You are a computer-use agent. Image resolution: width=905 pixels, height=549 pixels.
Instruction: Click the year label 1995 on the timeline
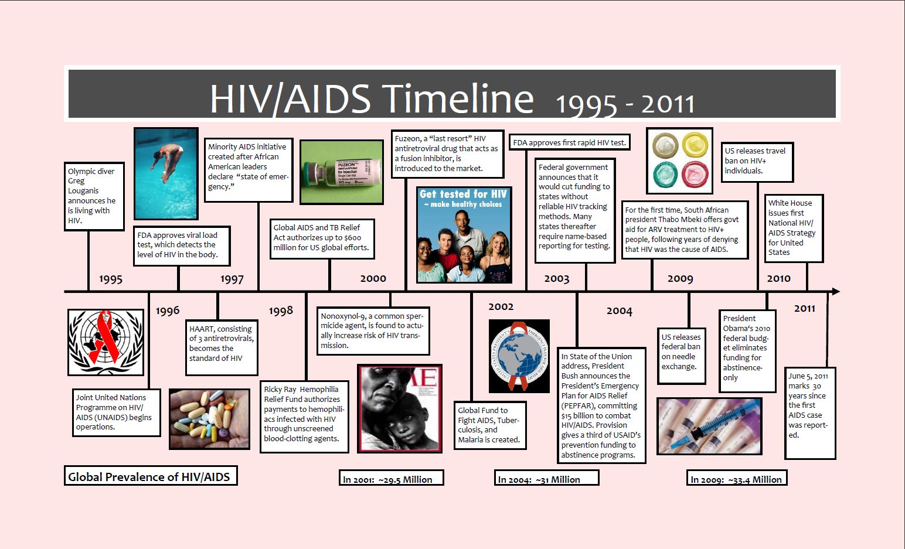pos(111,279)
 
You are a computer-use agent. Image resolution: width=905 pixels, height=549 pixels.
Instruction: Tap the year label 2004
pos(620,311)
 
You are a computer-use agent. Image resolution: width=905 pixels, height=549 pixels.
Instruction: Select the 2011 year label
pos(805,308)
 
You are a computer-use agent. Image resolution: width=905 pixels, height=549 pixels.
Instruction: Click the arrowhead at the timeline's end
pos(835,291)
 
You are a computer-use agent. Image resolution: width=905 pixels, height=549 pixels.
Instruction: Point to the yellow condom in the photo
pos(695,145)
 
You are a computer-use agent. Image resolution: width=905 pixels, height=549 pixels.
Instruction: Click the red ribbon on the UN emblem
pos(105,337)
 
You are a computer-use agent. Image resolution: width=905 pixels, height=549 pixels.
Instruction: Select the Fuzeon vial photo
pos(342,172)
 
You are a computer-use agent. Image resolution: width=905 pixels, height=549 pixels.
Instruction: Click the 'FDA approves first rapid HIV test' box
pos(570,142)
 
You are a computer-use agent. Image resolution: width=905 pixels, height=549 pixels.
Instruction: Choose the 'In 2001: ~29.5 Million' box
pos(391,478)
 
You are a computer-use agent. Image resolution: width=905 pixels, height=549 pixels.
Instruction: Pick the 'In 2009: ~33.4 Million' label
pos(737,478)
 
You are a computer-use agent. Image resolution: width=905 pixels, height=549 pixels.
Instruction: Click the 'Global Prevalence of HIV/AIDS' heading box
pos(151,476)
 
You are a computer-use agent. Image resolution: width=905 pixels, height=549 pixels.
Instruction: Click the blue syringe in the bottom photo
pos(711,426)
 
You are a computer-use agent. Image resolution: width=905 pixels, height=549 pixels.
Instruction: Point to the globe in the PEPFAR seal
pos(519,356)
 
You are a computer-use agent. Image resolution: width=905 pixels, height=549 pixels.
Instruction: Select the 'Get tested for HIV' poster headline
pos(463,198)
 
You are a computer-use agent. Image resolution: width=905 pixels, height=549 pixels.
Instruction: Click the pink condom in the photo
pos(695,174)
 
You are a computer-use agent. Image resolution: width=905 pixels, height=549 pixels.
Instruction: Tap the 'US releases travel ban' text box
pos(757,162)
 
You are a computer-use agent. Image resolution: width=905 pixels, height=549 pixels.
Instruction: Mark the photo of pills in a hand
pos(209,419)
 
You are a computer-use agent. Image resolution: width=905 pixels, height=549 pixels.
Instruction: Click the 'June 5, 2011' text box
pos(810,413)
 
